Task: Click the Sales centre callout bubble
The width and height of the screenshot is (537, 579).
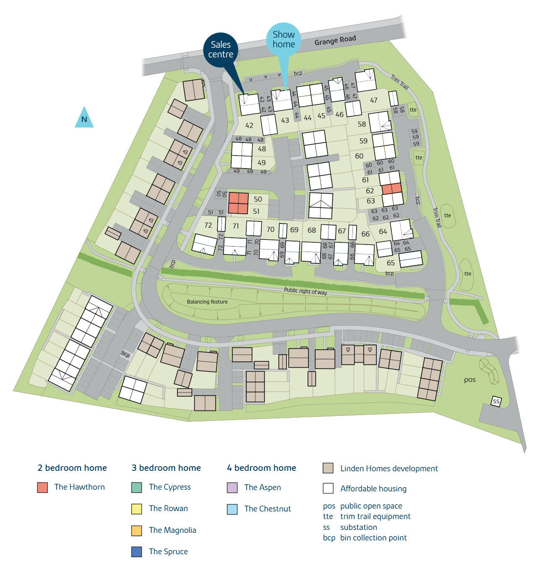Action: (221, 49)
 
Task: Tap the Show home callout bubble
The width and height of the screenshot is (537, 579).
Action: (284, 39)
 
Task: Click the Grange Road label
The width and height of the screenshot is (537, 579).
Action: (335, 40)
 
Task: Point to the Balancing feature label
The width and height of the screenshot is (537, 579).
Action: (207, 302)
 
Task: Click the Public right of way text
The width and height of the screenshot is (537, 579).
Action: (305, 291)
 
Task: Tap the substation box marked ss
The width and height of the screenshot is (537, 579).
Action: (496, 401)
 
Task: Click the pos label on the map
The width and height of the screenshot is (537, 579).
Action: (470, 380)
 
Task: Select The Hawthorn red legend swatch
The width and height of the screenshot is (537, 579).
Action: (42, 487)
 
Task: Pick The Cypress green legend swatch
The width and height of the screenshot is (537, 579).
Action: (137, 487)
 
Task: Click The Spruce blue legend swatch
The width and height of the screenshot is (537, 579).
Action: (137, 552)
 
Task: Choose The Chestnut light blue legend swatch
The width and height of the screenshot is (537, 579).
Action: (232, 509)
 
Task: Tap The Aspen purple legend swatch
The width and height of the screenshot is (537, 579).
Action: (232, 488)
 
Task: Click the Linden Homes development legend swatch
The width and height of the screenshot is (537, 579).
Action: (328, 468)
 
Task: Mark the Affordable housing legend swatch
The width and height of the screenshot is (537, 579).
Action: (328, 488)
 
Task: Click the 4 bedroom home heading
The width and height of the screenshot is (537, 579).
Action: (261, 468)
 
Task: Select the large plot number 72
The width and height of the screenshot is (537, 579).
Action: (208, 226)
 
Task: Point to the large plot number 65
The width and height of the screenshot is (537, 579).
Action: (391, 263)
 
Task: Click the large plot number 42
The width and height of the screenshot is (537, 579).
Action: (249, 125)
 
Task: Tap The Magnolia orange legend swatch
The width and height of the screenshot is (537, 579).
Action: (137, 530)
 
